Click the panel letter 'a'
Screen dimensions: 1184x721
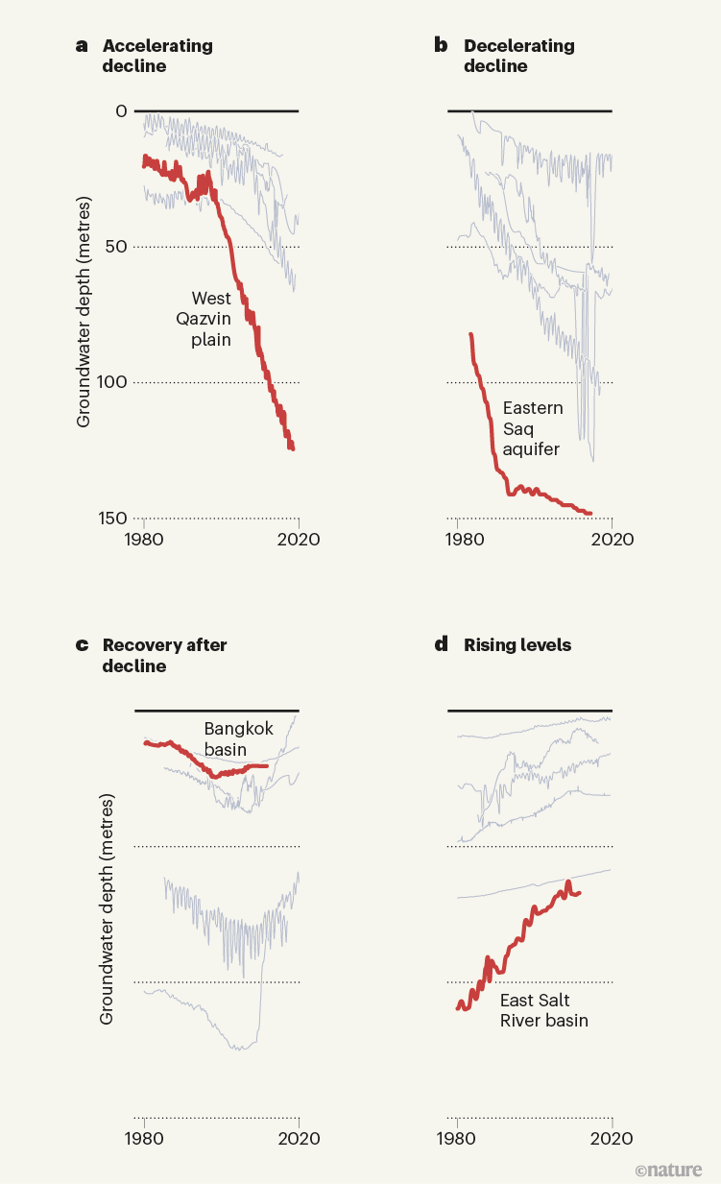tap(82, 46)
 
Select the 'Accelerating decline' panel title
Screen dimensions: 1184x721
tap(157, 56)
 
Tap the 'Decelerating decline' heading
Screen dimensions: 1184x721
tap(518, 56)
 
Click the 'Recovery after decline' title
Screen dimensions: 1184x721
tap(164, 655)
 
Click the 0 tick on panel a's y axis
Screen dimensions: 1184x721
tap(121, 111)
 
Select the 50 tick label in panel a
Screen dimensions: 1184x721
tap(116, 247)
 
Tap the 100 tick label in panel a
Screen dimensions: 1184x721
tap(111, 382)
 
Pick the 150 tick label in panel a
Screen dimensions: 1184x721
tap(111, 519)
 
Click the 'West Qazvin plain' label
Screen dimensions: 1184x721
tap(211, 319)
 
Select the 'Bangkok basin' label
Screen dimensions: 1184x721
tap(238, 738)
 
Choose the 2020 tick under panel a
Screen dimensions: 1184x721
tap(299, 539)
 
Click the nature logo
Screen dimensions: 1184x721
tap(668, 1171)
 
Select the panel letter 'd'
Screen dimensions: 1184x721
tap(442, 645)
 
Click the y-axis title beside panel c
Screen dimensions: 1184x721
tap(108, 907)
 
